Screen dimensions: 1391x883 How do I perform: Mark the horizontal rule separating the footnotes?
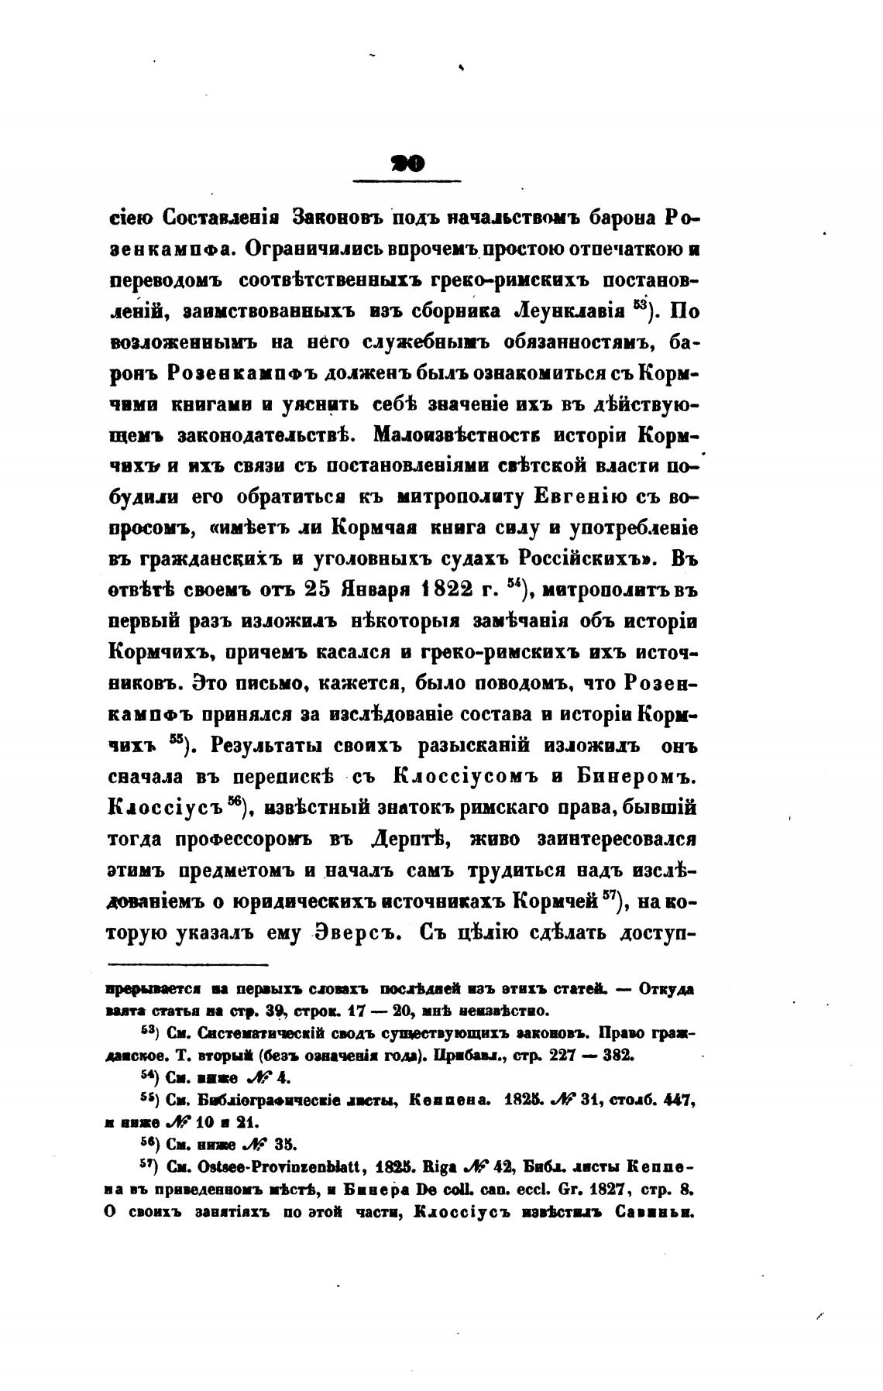click(x=188, y=965)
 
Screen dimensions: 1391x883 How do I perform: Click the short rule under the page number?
click(x=407, y=181)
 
